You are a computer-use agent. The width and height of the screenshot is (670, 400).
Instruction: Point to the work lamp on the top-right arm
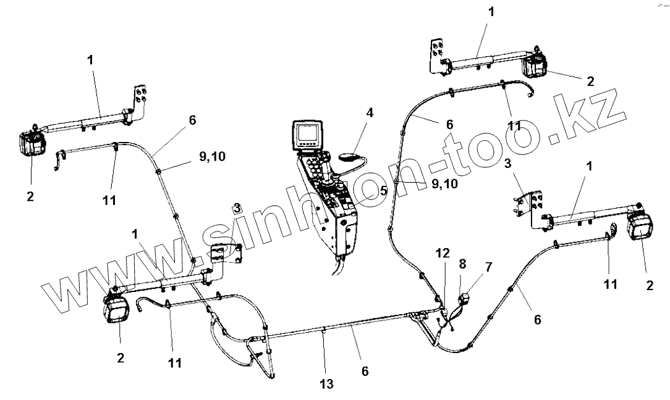pyautogui.click(x=535, y=65)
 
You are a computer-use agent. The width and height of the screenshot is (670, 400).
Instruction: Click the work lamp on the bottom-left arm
pyautogui.click(x=116, y=309)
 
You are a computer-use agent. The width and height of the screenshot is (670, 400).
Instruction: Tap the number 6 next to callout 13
pyautogui.click(x=365, y=372)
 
